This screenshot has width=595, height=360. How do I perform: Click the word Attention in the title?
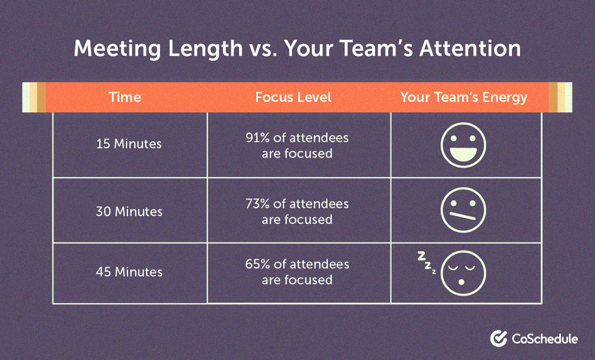click(470, 49)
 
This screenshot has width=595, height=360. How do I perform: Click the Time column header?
click(125, 98)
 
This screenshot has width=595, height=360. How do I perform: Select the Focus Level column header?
click(293, 98)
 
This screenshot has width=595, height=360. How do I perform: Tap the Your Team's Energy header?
click(463, 98)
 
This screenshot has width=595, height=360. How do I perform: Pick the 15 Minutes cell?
click(129, 144)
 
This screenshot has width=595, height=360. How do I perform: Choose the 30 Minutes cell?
click(129, 211)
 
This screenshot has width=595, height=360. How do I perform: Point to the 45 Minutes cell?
click(129, 272)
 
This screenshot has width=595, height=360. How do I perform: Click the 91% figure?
click(257, 137)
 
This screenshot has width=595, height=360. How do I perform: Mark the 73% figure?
click(258, 204)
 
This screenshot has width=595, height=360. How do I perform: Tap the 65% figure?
click(257, 264)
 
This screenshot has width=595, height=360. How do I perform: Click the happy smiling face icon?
click(463, 144)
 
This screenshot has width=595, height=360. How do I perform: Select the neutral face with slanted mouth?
click(463, 210)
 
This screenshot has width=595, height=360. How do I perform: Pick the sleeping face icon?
click(463, 273)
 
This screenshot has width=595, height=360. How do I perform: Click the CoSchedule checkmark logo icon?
click(499, 338)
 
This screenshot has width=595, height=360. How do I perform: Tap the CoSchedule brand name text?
click(544, 338)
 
